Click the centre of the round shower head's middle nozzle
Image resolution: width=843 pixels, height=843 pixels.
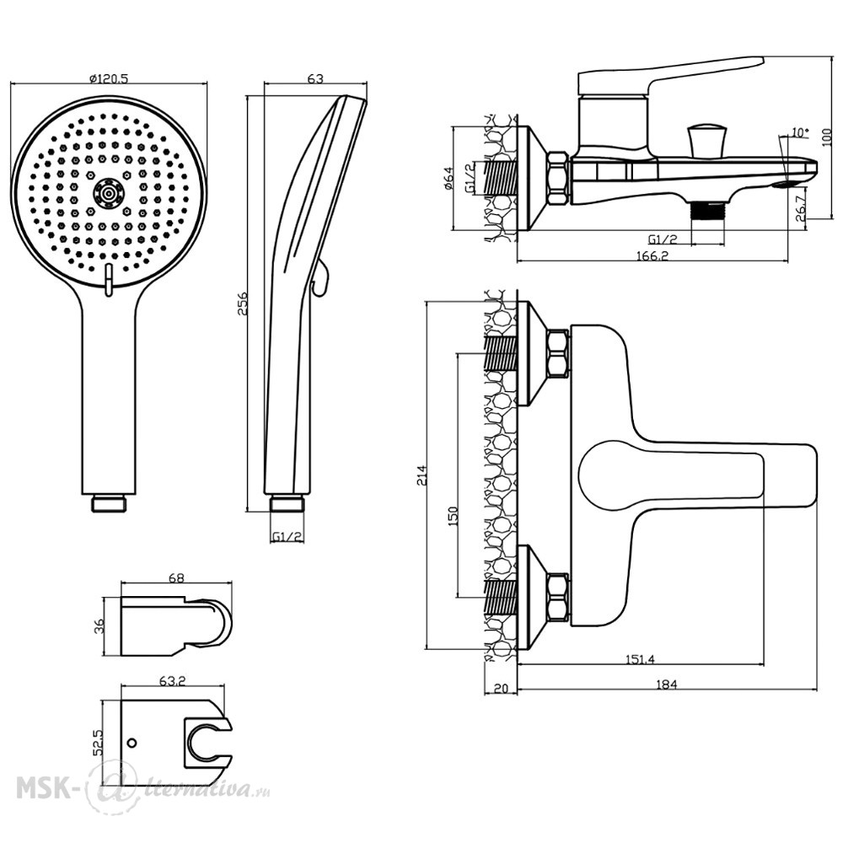coord(109,194)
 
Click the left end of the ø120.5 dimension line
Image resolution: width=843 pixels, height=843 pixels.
coord(11,83)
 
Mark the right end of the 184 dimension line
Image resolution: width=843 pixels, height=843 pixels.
coord(817,690)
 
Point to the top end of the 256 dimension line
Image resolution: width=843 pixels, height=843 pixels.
coord(247,96)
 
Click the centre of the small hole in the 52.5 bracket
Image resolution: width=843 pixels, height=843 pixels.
coord(132,744)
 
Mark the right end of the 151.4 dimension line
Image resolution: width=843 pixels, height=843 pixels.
coord(764,664)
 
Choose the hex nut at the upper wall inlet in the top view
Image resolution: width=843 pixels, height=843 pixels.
coord(558,354)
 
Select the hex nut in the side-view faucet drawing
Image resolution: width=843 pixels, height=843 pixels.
coord(558,178)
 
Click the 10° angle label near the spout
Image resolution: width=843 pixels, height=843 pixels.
coord(800,132)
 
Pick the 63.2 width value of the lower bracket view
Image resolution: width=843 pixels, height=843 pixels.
coord(173,680)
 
